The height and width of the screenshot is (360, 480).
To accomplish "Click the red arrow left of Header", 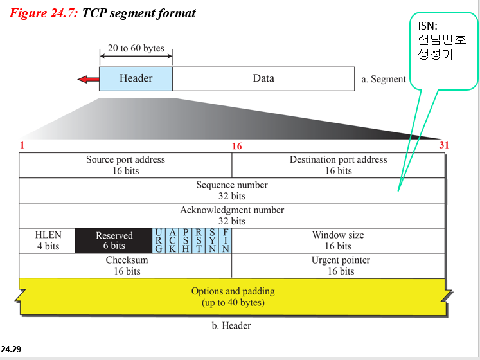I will pyautogui.click(x=87, y=79).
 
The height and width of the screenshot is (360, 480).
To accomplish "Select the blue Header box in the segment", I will pyautogui.click(x=136, y=78).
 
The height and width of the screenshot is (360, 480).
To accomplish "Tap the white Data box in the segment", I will pyautogui.click(x=263, y=78).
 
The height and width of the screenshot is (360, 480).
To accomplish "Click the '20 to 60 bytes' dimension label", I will pyautogui.click(x=136, y=48).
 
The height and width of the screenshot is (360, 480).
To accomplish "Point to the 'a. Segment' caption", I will pyautogui.click(x=384, y=79).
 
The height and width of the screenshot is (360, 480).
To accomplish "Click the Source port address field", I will pyautogui.click(x=125, y=165).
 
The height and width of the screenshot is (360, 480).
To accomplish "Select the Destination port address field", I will pyautogui.click(x=338, y=165).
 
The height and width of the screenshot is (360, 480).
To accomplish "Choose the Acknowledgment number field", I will pyautogui.click(x=232, y=215).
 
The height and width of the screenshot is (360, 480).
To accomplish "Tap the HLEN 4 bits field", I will pyautogui.click(x=48, y=240).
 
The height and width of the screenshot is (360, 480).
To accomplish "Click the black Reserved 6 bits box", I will pyautogui.click(x=114, y=240).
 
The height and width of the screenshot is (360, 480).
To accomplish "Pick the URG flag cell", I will pyautogui.click(x=158, y=240).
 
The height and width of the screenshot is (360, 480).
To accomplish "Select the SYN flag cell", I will pyautogui.click(x=212, y=240).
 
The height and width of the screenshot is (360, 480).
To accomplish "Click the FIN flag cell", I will pyautogui.click(x=226, y=240).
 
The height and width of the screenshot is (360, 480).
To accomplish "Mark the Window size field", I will pyautogui.click(x=338, y=240).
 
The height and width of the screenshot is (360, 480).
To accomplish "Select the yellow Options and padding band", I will pyautogui.click(x=233, y=296).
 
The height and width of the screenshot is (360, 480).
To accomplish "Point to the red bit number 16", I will pyautogui.click(x=237, y=147).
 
